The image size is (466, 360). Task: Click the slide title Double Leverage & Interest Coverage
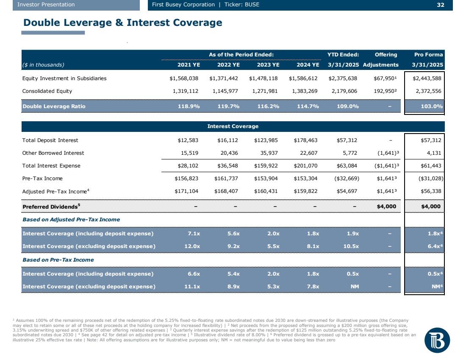coord(123,22)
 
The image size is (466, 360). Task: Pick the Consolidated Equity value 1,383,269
coord(304,91)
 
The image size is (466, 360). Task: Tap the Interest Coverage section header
coord(233,126)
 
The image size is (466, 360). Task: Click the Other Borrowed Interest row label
coord(53,153)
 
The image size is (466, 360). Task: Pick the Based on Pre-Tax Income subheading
coord(58,260)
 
